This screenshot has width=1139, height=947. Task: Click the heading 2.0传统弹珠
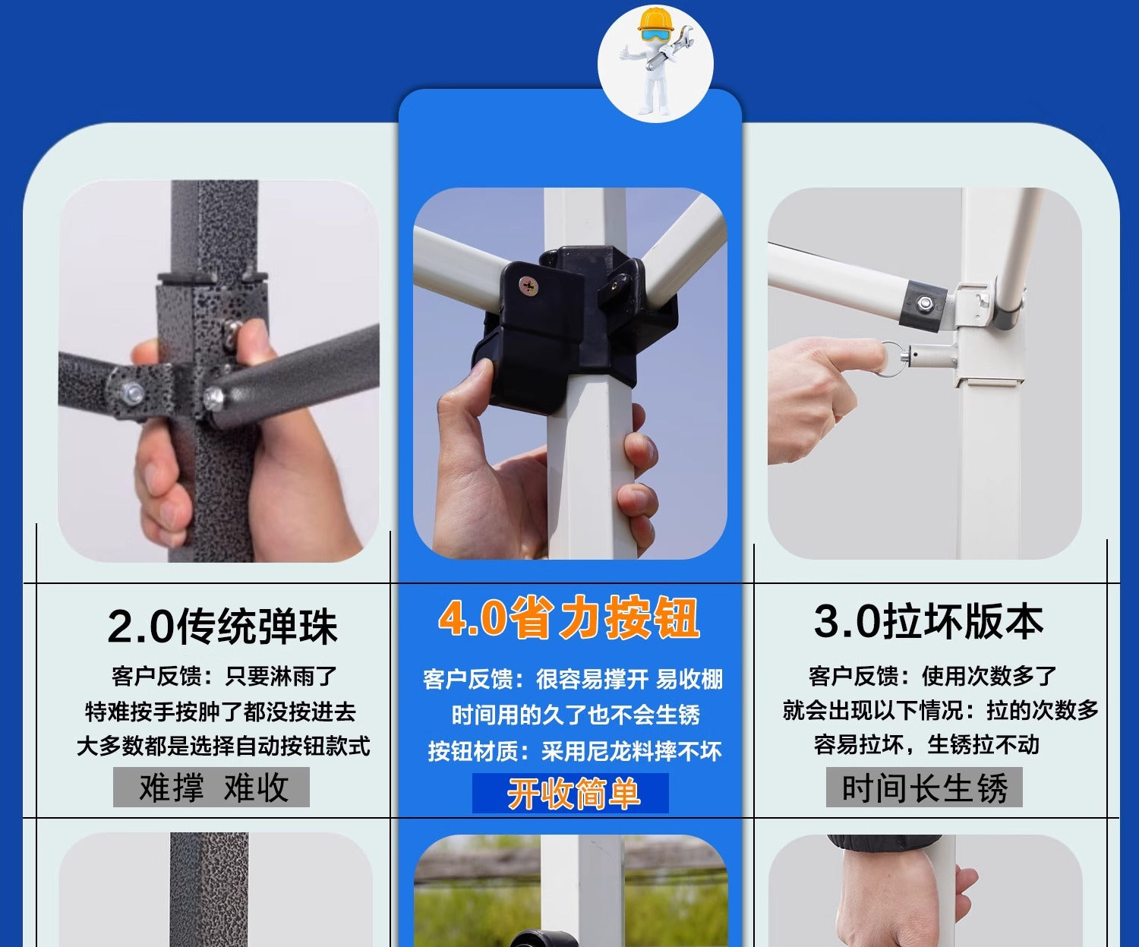point(222,627)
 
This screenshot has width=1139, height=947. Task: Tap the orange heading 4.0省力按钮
point(569,618)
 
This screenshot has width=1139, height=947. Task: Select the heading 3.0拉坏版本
point(928,622)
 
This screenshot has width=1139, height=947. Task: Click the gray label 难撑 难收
point(212,788)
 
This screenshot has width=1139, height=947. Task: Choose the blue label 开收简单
point(571,794)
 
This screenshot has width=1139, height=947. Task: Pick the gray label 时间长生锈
point(924,788)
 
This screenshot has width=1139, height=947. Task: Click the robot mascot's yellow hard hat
point(655,18)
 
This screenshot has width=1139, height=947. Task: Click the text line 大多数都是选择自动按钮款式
point(222,746)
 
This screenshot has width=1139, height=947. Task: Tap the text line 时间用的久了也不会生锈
point(576,715)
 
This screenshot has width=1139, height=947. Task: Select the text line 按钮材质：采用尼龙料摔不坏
point(575,751)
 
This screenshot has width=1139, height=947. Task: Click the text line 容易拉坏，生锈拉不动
point(926,744)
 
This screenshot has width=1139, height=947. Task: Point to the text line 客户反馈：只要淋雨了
point(223,676)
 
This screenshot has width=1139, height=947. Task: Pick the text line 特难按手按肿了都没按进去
point(220,712)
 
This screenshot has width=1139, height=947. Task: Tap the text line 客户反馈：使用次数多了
point(932,675)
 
